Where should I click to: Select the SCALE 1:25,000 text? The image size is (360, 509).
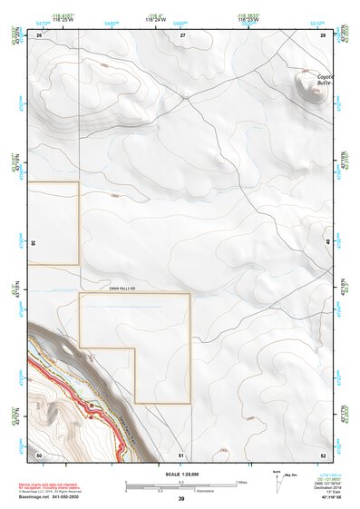tap(180, 474)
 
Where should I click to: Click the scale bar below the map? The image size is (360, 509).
tap(180, 485)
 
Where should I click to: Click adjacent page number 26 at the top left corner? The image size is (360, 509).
tap(39, 34)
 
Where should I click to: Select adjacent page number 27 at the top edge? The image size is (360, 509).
tap(181, 34)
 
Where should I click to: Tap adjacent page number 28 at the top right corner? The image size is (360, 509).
tap(323, 34)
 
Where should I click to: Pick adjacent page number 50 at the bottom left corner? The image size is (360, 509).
tap(39, 454)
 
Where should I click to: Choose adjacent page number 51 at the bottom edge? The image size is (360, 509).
tap(181, 454)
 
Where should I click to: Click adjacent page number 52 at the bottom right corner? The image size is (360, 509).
tap(323, 454)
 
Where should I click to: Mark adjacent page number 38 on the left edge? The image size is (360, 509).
tap(33, 243)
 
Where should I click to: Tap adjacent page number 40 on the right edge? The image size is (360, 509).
tap(329, 243)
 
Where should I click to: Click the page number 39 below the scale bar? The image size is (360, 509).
tap(180, 499)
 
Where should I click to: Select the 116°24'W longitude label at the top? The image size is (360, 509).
tap(180, 20)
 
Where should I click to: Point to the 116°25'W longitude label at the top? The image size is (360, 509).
tap(70, 20)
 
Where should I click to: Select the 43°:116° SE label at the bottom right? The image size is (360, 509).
tap(326, 499)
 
